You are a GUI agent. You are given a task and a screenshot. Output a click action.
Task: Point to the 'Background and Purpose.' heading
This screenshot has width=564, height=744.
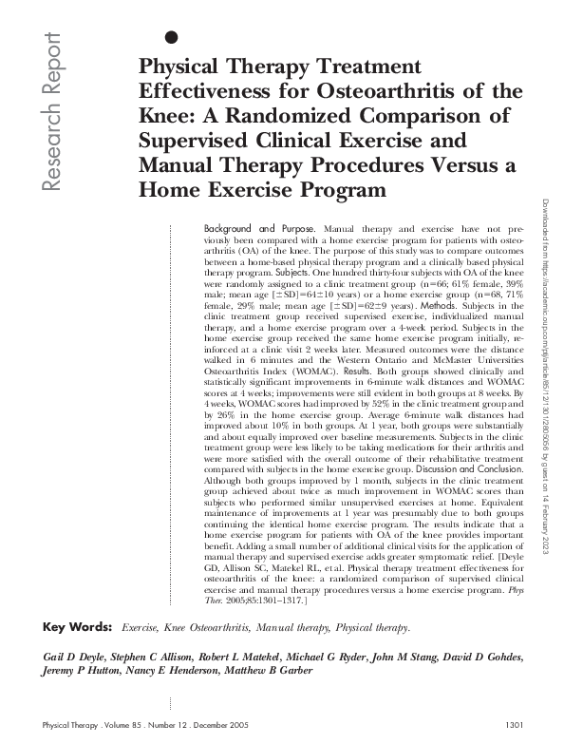[x=262, y=230]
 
